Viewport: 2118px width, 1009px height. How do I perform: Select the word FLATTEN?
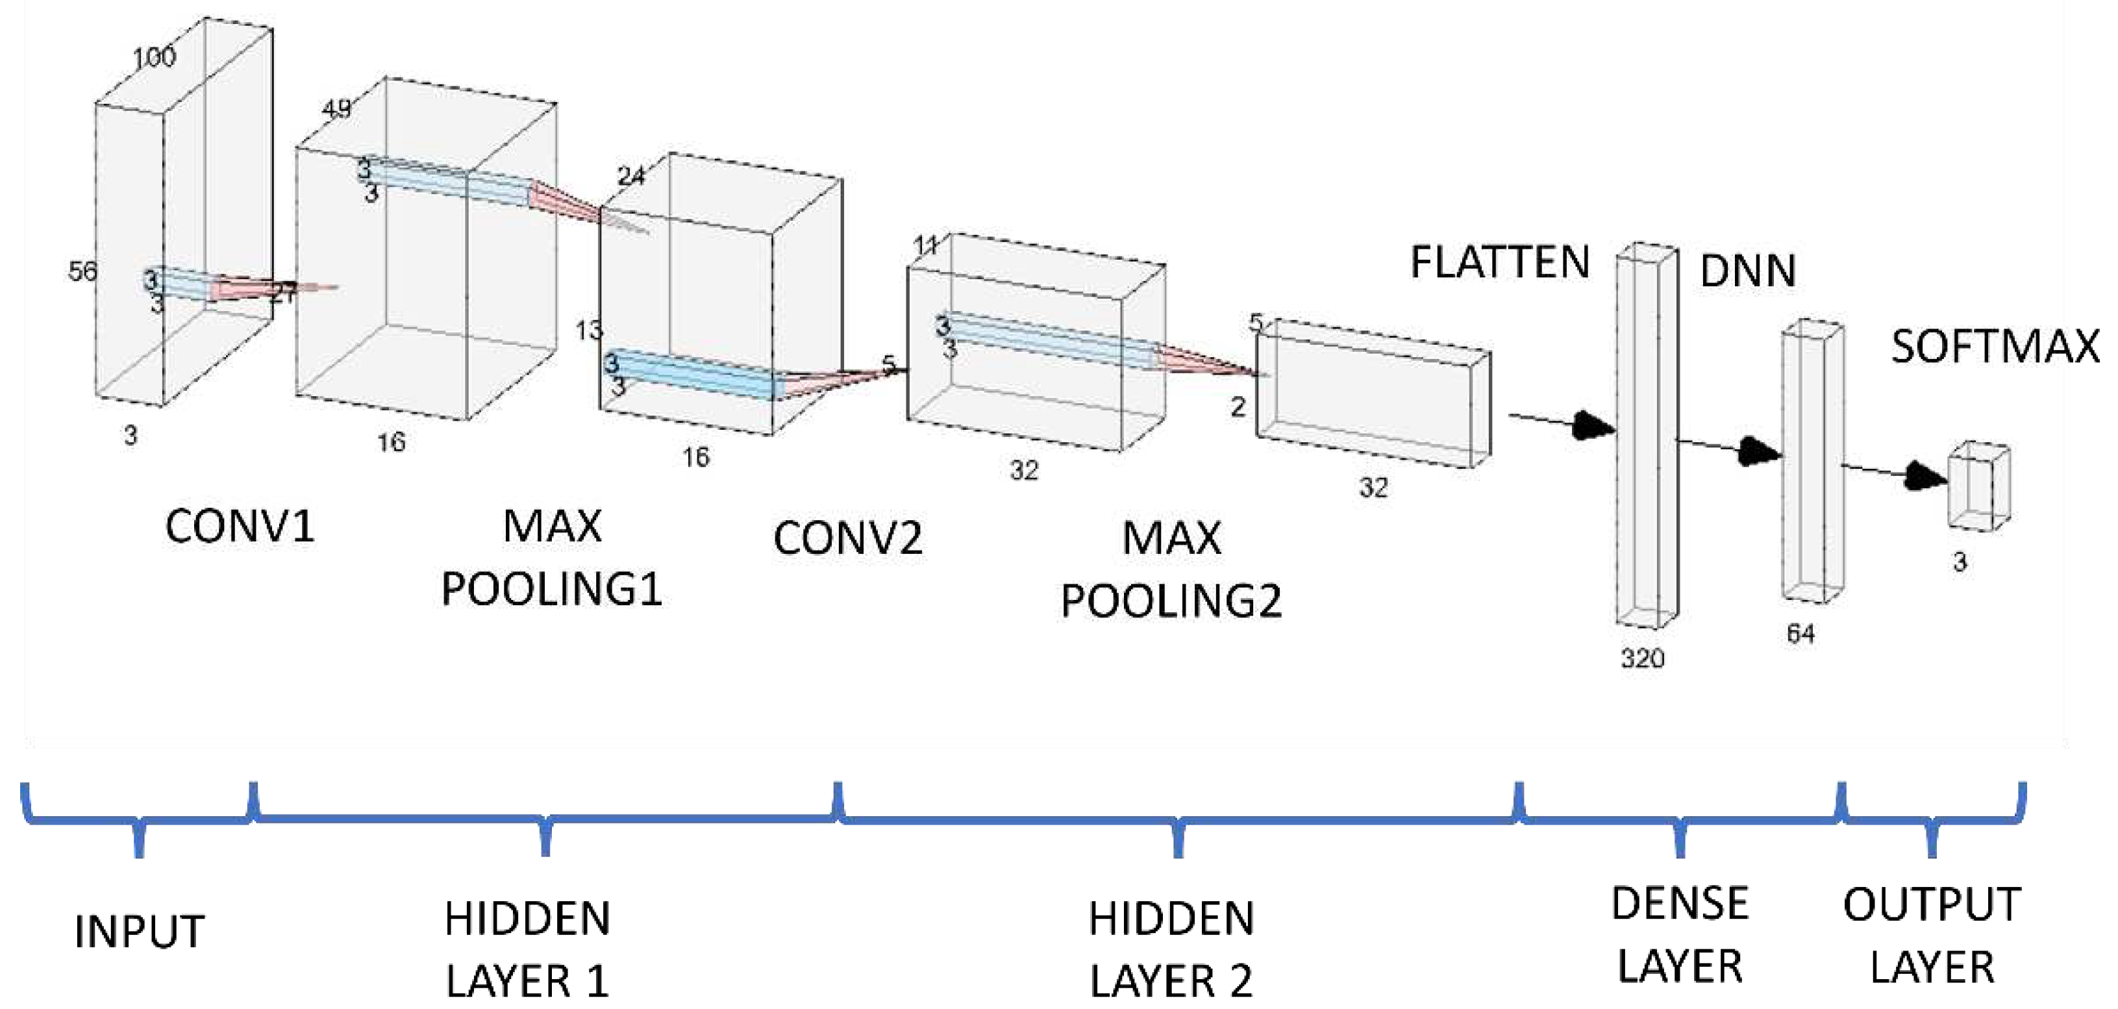(x=1500, y=263)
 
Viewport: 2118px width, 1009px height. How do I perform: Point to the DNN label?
(x=1747, y=271)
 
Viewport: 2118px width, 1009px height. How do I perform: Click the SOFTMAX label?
(x=1995, y=346)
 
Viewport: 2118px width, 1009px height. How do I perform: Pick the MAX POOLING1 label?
(x=552, y=558)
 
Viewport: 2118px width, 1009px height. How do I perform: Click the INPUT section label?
(x=139, y=932)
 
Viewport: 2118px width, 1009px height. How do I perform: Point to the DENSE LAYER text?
(x=1680, y=934)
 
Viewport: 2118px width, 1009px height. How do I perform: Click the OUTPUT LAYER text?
(x=1932, y=935)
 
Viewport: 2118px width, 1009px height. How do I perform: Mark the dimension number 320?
(x=1642, y=658)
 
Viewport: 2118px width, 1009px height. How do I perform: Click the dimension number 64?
(x=1800, y=634)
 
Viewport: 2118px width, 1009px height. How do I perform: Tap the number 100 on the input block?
(x=155, y=56)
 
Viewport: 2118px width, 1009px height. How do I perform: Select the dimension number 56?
(x=82, y=271)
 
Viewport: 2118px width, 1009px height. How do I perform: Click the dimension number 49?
(x=336, y=108)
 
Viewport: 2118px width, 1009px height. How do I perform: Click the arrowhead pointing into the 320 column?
(x=1593, y=425)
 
